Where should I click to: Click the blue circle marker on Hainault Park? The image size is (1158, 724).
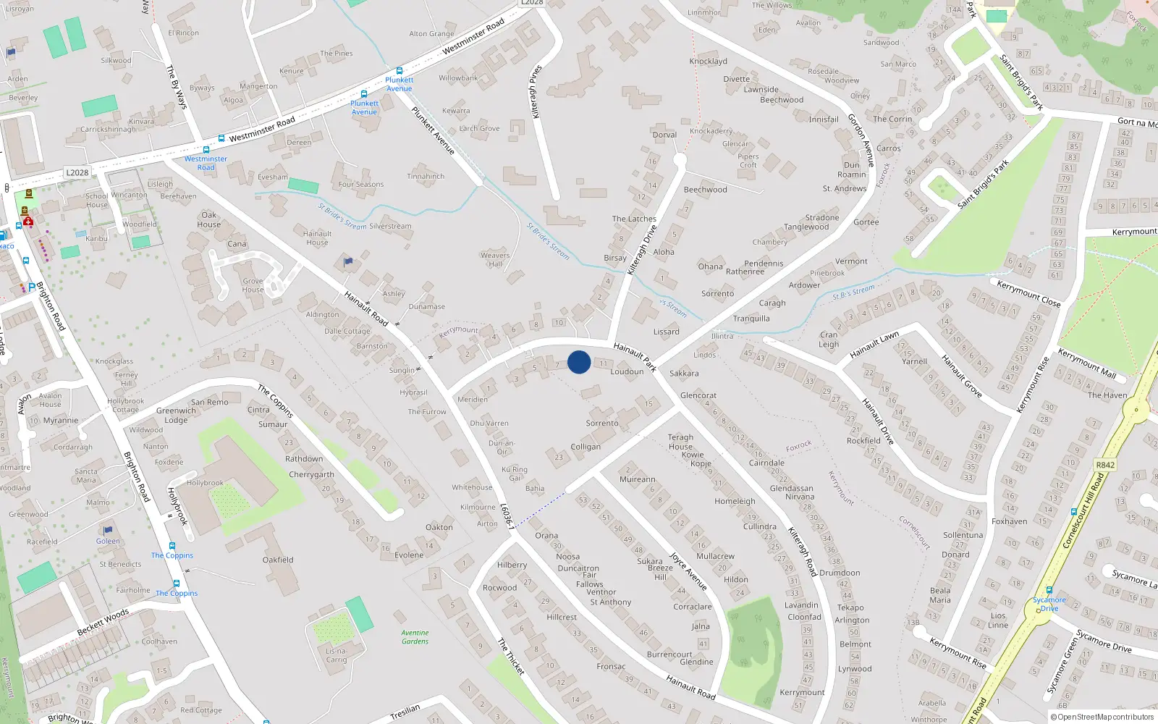[579, 362]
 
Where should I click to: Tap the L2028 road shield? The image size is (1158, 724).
[77, 172]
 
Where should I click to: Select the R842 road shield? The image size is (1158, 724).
[1105, 465]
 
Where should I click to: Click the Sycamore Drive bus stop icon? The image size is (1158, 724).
[1049, 591]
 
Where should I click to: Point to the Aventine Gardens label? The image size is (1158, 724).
[415, 637]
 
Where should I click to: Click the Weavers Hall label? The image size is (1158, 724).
[495, 259]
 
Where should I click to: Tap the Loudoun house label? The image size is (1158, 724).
[627, 371]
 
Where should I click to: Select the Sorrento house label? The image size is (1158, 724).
[602, 423]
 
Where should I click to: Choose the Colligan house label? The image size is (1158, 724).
[586, 447]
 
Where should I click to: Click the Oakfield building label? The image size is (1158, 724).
[278, 560]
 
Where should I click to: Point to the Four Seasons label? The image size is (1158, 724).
[361, 184]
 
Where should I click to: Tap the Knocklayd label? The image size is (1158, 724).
[708, 61]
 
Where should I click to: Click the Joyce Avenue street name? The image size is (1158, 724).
[688, 571]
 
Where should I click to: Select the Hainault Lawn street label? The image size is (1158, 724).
[874, 345]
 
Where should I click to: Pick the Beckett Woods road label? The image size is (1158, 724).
[103, 623]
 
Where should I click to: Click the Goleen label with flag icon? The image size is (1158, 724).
[108, 541]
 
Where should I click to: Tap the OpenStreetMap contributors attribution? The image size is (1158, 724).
[1102, 717]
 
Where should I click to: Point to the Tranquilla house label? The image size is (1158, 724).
[751, 319]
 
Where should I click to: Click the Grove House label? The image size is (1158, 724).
[253, 285]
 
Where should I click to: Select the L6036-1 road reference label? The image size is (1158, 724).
[508, 516]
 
